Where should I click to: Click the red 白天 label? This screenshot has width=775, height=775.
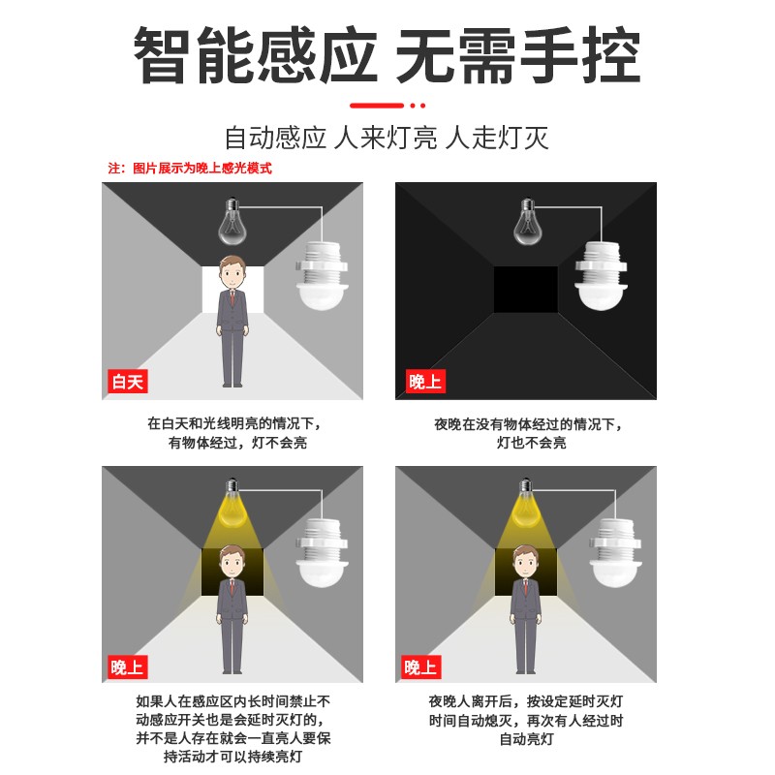click(x=127, y=382)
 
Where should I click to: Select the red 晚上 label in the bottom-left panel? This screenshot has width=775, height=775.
click(x=127, y=666)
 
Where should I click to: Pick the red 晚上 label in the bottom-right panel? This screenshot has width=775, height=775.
click(x=420, y=666)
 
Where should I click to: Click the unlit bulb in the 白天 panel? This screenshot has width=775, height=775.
click(x=232, y=222)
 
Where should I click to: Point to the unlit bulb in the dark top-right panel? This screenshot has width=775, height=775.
click(x=526, y=222)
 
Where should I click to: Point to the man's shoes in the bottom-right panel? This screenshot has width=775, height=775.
click(x=525, y=670)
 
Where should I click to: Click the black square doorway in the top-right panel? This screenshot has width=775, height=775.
click(x=526, y=290)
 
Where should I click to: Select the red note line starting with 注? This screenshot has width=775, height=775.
click(x=189, y=168)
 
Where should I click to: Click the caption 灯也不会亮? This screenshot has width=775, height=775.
click(x=531, y=443)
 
